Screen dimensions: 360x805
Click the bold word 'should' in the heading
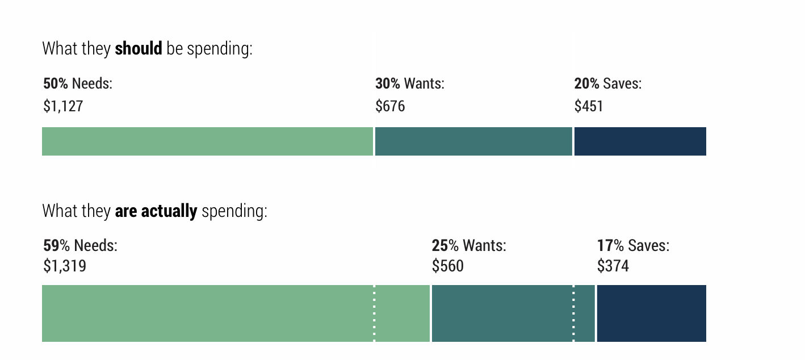pos(139,49)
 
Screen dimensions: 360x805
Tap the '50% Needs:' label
pos(78,83)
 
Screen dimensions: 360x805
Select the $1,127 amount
pos(63,106)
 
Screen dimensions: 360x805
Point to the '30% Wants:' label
pos(410,83)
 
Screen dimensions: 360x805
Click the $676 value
pos(390,106)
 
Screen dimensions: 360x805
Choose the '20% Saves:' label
pos(608,83)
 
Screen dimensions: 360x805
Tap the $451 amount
pos(589,106)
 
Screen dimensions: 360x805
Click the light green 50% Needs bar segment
pos(207,141)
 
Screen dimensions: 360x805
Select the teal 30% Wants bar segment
pos(473,141)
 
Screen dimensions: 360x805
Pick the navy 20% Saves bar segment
pos(640,141)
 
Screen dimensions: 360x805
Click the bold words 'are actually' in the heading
pos(156,211)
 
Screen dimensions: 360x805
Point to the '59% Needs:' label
pos(80,246)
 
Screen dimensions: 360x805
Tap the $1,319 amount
pos(65,266)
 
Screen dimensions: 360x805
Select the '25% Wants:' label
pos(469,246)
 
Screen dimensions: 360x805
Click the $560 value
pos(448,266)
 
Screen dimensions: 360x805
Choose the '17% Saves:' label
pos(633,246)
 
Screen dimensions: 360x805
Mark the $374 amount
pos(613,266)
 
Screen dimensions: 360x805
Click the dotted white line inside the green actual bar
pos(374,313)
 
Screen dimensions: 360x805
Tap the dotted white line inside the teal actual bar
pos(573,313)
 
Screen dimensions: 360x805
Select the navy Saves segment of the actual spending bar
pos(651,313)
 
